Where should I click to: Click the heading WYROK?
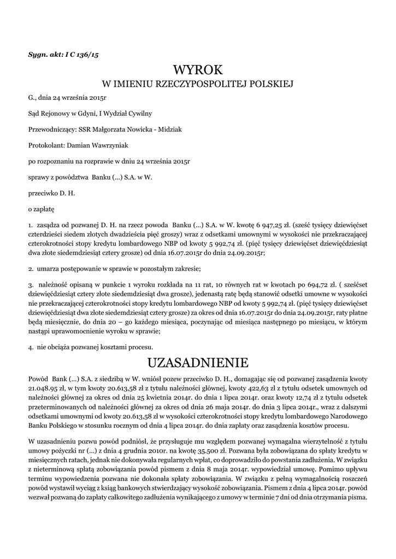click(198, 70)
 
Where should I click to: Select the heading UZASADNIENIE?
click(198, 362)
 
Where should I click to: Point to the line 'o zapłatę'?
click(41, 209)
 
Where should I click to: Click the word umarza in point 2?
click(49, 269)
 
